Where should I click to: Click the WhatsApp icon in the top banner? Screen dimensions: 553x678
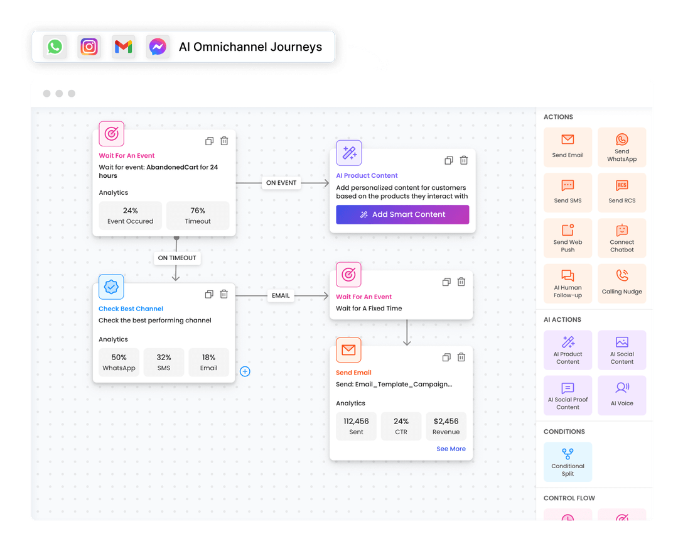[55, 47]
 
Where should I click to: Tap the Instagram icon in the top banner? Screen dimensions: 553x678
[89, 47]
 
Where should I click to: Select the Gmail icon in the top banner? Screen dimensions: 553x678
[123, 47]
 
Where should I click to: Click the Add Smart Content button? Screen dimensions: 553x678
[402, 214]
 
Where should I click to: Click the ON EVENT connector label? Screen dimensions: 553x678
[281, 183]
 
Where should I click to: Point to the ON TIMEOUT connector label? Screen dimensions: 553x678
[176, 258]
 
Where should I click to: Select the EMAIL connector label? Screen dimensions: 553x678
[281, 295]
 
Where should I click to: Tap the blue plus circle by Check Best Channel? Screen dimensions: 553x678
[245, 371]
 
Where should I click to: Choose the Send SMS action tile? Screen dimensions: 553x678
[568, 192]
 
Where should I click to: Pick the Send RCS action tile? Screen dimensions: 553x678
[621, 192]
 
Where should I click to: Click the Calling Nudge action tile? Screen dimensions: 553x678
[621, 283]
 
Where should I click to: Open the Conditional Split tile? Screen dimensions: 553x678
[568, 462]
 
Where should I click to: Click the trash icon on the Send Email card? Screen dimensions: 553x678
[461, 357]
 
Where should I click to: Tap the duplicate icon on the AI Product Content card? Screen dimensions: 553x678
[449, 160]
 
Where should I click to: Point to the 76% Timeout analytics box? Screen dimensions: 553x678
[198, 215]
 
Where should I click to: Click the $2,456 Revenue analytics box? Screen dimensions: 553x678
[446, 425]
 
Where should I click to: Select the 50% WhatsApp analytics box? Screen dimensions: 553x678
[119, 362]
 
